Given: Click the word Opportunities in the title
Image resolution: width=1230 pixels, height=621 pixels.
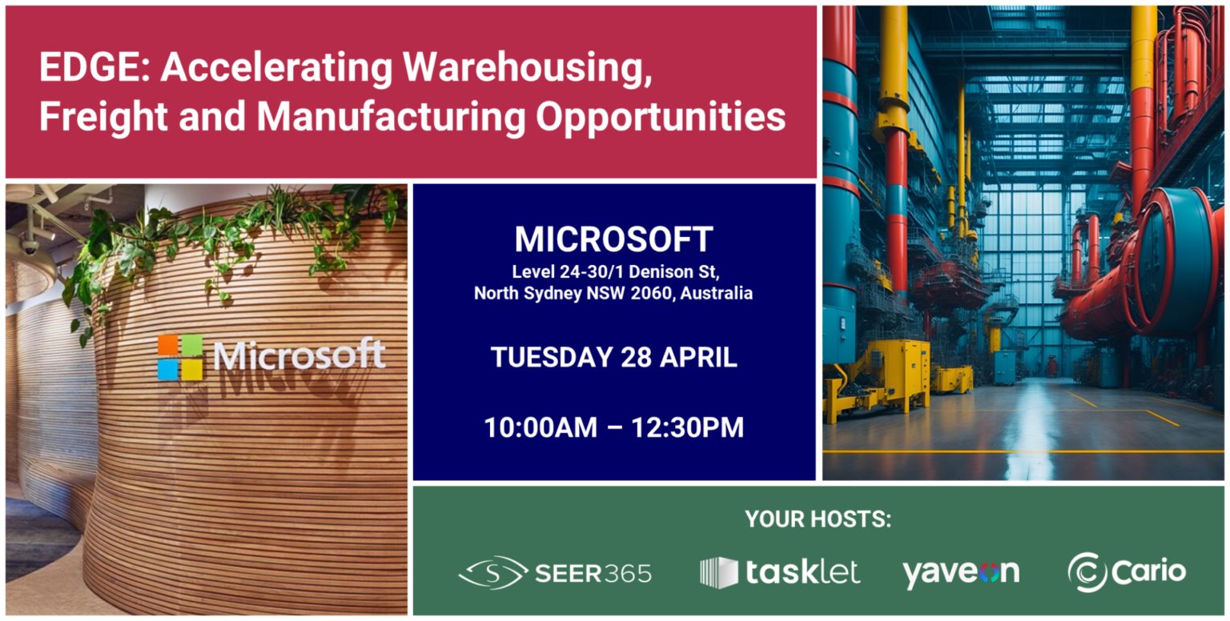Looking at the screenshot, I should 661,117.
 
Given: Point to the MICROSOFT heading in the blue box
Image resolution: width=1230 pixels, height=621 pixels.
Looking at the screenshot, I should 613,239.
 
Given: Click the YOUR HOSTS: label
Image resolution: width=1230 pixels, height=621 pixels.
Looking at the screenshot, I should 818,519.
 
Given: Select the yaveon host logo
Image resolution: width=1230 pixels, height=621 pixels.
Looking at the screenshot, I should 961,572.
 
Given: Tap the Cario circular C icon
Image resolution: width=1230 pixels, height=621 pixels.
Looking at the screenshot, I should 1087,572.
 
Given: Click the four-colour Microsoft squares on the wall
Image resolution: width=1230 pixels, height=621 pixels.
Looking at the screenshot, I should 180,357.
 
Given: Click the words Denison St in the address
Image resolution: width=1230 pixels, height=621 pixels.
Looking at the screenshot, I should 677,273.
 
